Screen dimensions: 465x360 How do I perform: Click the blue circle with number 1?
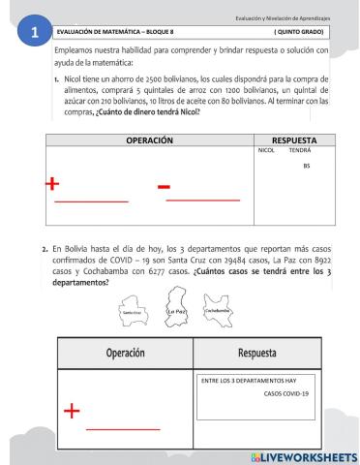pyautogui.click(x=36, y=33)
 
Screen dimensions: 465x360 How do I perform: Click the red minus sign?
pyautogui.click(x=164, y=185)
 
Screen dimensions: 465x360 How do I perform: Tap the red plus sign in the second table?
pyautogui.click(x=71, y=411)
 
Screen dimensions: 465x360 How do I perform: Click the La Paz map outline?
pyautogui.click(x=176, y=309)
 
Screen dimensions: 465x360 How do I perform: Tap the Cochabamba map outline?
pyautogui.click(x=220, y=310)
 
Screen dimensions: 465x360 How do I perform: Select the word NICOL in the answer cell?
pyautogui.click(x=267, y=151)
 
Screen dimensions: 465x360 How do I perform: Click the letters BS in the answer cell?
pyautogui.click(x=307, y=167)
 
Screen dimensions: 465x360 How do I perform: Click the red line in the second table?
pyautogui.click(x=123, y=427)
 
